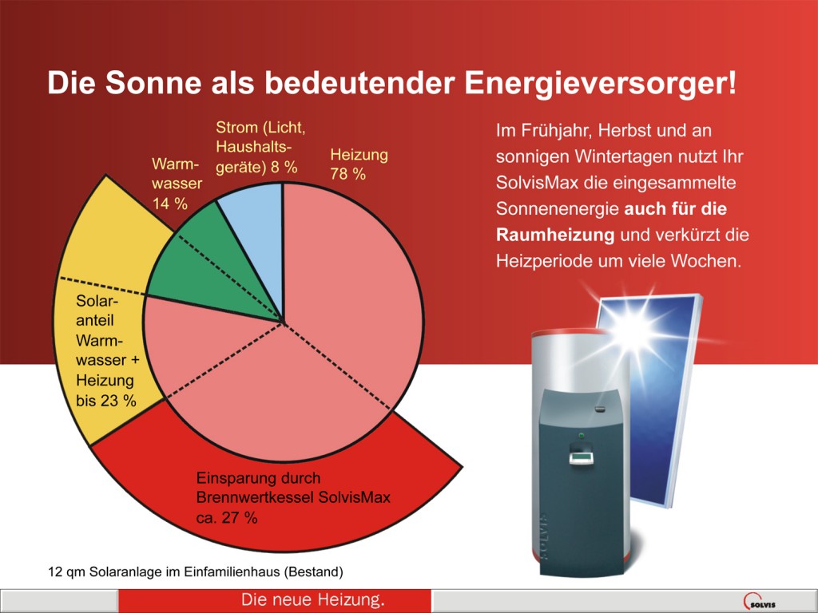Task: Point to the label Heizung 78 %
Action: click(359, 164)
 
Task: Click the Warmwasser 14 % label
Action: click(177, 184)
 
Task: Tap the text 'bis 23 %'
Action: click(106, 401)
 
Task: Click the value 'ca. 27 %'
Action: click(227, 517)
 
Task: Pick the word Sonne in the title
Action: click(153, 82)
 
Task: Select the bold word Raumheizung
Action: click(555, 235)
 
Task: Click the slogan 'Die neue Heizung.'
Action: click(313, 599)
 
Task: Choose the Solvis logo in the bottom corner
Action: click(760, 602)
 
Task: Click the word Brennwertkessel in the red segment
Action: click(255, 498)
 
